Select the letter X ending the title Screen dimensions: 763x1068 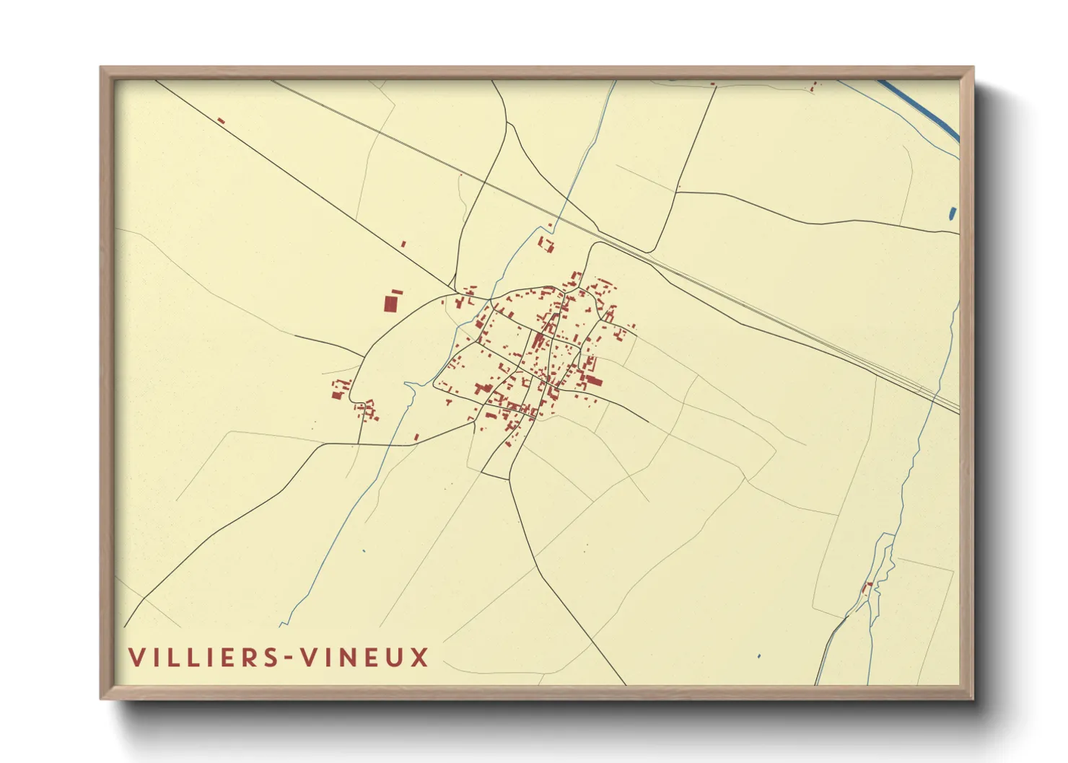(x=419, y=657)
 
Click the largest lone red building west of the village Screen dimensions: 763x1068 (x=390, y=303)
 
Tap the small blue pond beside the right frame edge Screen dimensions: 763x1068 (x=953, y=213)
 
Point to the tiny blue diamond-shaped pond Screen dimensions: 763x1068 (x=758, y=656)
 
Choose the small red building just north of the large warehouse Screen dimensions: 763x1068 (x=397, y=292)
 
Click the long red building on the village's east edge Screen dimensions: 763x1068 (x=593, y=380)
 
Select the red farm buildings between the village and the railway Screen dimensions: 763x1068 (x=546, y=244)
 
